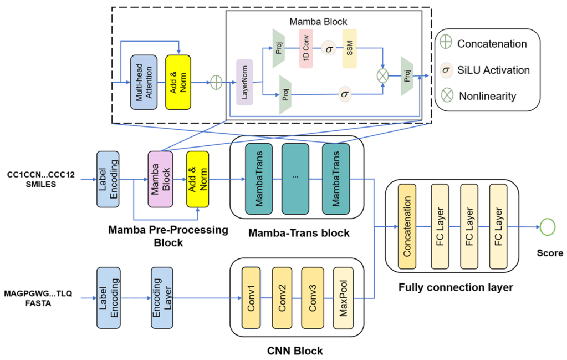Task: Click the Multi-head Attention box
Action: [141, 82]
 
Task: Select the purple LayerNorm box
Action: [244, 82]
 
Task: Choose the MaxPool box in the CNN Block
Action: [343, 298]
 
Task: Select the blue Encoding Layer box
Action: [162, 298]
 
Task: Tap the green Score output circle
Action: [548, 226]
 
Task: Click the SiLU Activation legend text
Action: [493, 70]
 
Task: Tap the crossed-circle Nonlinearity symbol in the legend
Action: [447, 95]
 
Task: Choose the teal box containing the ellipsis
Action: [296, 179]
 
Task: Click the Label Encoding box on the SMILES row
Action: [108, 179]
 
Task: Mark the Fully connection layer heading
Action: [456, 287]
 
